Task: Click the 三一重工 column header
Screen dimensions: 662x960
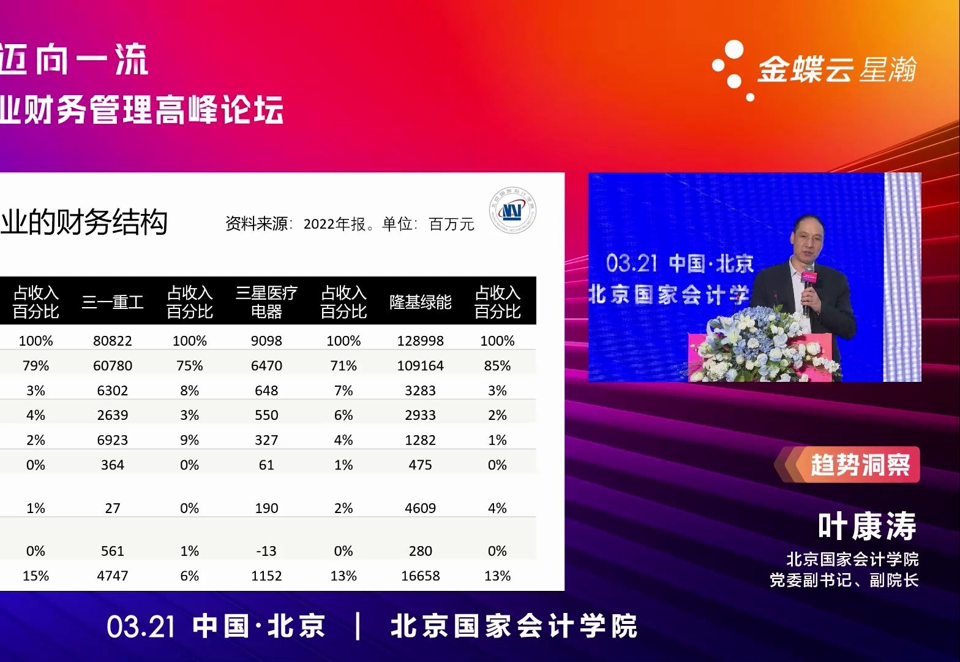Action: pyautogui.click(x=113, y=302)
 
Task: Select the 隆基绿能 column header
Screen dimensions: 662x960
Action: pyautogui.click(x=420, y=302)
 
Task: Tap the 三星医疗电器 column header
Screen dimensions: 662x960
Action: pyautogui.click(x=266, y=302)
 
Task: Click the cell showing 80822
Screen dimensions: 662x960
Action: pyautogui.click(x=113, y=341)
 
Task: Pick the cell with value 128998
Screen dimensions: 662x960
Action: pyautogui.click(x=420, y=341)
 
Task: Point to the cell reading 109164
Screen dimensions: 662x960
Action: pyautogui.click(x=420, y=366)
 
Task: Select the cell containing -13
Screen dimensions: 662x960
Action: pyautogui.click(x=266, y=551)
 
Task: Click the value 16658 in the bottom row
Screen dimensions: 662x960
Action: pyautogui.click(x=420, y=576)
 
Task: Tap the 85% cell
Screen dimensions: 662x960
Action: pyautogui.click(x=497, y=366)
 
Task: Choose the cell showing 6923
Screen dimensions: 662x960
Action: pyautogui.click(x=113, y=440)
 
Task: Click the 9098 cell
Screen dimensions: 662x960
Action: pyautogui.click(x=266, y=341)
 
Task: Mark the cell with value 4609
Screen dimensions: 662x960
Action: pyautogui.click(x=420, y=508)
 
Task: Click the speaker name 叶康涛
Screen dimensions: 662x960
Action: pyautogui.click(x=867, y=526)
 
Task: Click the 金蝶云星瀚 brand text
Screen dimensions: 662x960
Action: pyautogui.click(x=836, y=69)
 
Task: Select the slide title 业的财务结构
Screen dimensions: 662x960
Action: pyautogui.click(x=83, y=222)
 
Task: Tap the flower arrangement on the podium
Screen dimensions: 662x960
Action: pyautogui.click(x=765, y=346)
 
